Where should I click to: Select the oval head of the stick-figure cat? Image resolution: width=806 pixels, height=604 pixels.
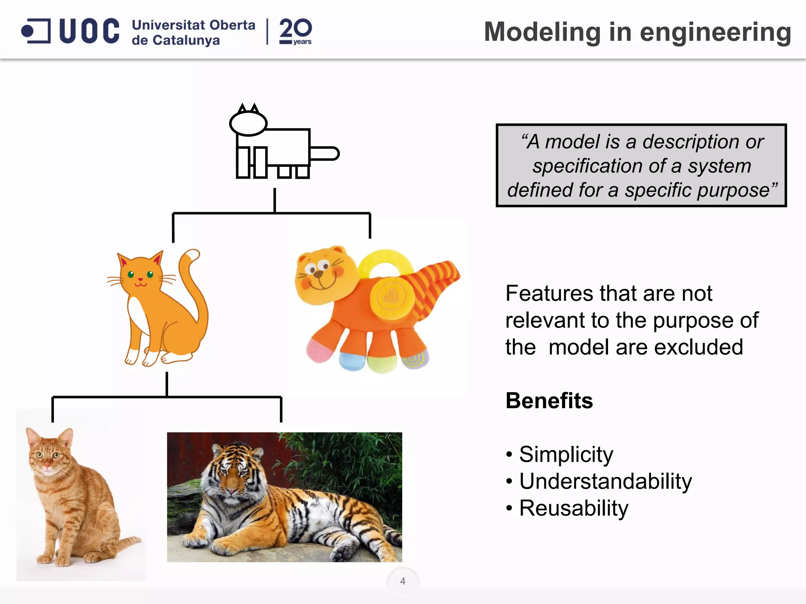click(248, 123)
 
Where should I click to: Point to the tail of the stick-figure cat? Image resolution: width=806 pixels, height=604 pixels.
click(325, 153)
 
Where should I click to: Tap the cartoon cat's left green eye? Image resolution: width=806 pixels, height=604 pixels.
click(131, 274)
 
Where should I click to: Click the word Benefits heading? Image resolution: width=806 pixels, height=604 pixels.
click(549, 401)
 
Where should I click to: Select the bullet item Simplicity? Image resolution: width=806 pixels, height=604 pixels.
click(566, 455)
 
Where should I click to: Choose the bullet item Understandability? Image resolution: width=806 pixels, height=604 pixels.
click(605, 481)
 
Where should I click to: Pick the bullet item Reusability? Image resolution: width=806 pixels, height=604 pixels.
click(573, 508)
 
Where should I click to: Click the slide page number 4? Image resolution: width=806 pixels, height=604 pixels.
click(403, 581)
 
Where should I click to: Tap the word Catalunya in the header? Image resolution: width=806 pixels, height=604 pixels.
click(186, 41)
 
